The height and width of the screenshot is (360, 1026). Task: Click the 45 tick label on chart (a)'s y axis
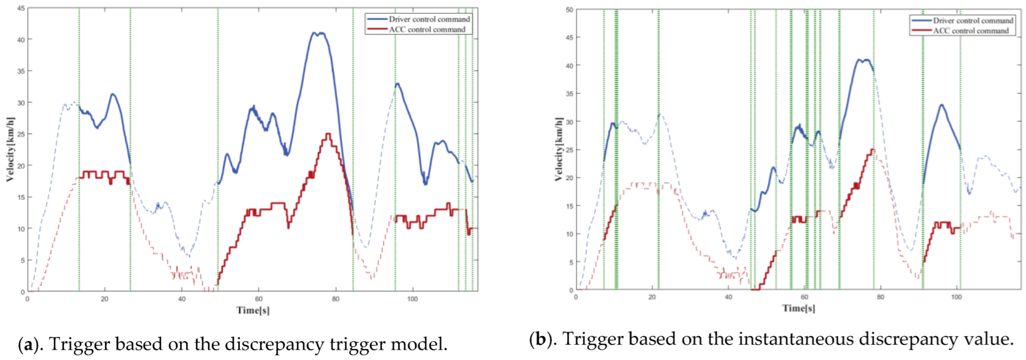click(21, 8)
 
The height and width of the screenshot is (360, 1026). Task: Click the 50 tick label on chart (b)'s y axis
click(569, 10)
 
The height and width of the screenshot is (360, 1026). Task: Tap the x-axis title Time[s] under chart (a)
click(253, 310)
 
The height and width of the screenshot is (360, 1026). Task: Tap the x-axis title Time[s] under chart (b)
click(799, 308)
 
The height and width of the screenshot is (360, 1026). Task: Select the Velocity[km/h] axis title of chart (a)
click(10, 149)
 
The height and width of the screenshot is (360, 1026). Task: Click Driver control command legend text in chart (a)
click(429, 19)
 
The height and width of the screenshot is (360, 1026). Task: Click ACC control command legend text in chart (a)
click(427, 30)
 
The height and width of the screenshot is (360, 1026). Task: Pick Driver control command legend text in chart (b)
click(973, 20)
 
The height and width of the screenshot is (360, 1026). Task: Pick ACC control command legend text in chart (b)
click(970, 31)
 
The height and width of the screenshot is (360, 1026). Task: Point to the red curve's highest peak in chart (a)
click(328, 134)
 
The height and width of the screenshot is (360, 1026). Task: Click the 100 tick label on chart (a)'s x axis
click(412, 299)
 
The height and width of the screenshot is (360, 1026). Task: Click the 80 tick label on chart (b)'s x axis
click(880, 297)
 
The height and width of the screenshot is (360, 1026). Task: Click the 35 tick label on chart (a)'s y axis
click(21, 71)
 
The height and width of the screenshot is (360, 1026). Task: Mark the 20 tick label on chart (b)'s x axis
click(652, 297)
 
